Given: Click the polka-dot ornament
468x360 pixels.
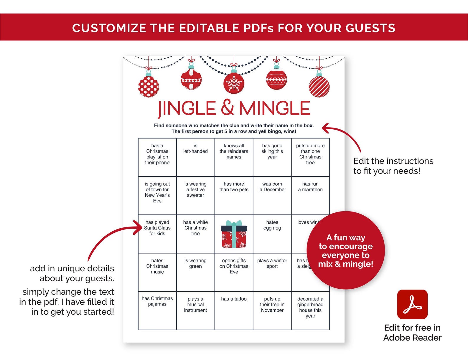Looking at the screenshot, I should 149,87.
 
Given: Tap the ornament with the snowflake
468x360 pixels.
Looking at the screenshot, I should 234,83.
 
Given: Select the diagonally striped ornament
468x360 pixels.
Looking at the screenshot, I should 319,86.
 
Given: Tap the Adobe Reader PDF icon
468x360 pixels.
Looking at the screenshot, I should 412,304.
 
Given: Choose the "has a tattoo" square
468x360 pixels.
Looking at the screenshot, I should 234,311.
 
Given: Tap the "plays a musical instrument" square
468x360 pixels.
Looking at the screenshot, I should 195,311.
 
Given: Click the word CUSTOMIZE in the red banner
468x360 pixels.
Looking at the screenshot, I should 109,28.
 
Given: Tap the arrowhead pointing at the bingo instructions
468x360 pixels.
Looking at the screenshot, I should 325,128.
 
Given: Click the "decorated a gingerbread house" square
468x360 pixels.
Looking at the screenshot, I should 310,311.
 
